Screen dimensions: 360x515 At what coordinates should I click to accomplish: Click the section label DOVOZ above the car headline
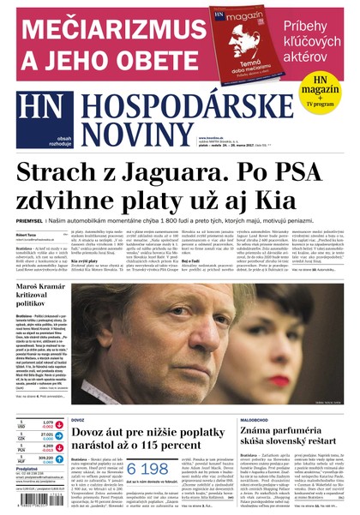click(77, 421)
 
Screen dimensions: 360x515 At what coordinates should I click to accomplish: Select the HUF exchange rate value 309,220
click(48, 458)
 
